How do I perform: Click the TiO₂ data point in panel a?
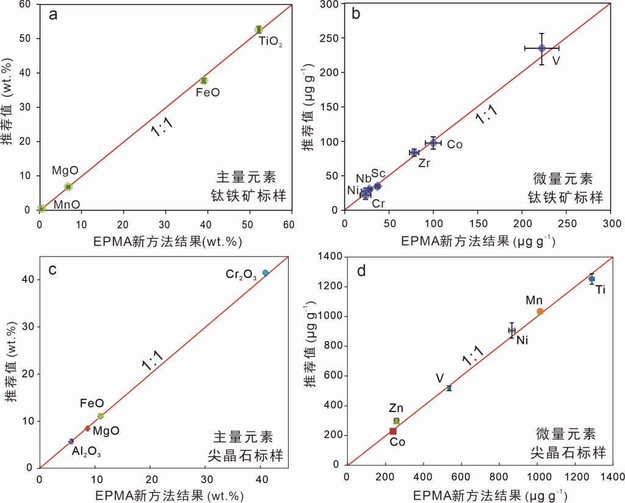pos(259,29)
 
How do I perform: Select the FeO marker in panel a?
pos(204,81)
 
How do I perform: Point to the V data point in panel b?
pos(541,48)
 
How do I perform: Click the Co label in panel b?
pos(455,144)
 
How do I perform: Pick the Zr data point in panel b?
pos(414,153)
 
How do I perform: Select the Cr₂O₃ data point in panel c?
pos(265,273)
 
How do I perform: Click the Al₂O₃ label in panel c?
pos(86,453)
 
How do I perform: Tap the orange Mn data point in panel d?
pos(540,311)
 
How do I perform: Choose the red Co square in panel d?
pos(393,432)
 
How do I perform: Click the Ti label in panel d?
pos(601,289)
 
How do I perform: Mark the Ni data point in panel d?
pos(512,330)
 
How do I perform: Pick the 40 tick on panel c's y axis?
pos(26,280)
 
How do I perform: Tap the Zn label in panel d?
pos(397,408)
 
